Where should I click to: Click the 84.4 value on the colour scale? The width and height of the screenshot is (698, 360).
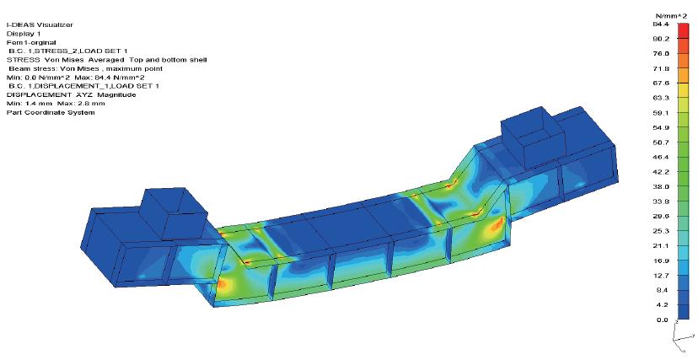pos(661,24)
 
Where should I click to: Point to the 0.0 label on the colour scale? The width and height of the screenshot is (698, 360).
pos(662,320)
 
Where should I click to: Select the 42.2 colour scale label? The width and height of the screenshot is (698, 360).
pos(662,172)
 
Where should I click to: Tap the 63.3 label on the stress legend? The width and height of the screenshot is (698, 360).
pos(662,98)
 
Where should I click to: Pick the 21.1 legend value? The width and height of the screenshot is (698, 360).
pos(662,246)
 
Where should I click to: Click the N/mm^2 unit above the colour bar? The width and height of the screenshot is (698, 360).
pos(674,16)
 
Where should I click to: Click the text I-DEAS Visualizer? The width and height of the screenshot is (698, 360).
pos(40,25)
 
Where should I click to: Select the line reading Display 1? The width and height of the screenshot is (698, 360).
pos(24,34)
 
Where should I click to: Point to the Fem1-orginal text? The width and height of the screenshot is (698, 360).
pos(31,43)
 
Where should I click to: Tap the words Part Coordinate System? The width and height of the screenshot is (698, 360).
pos(51,113)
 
